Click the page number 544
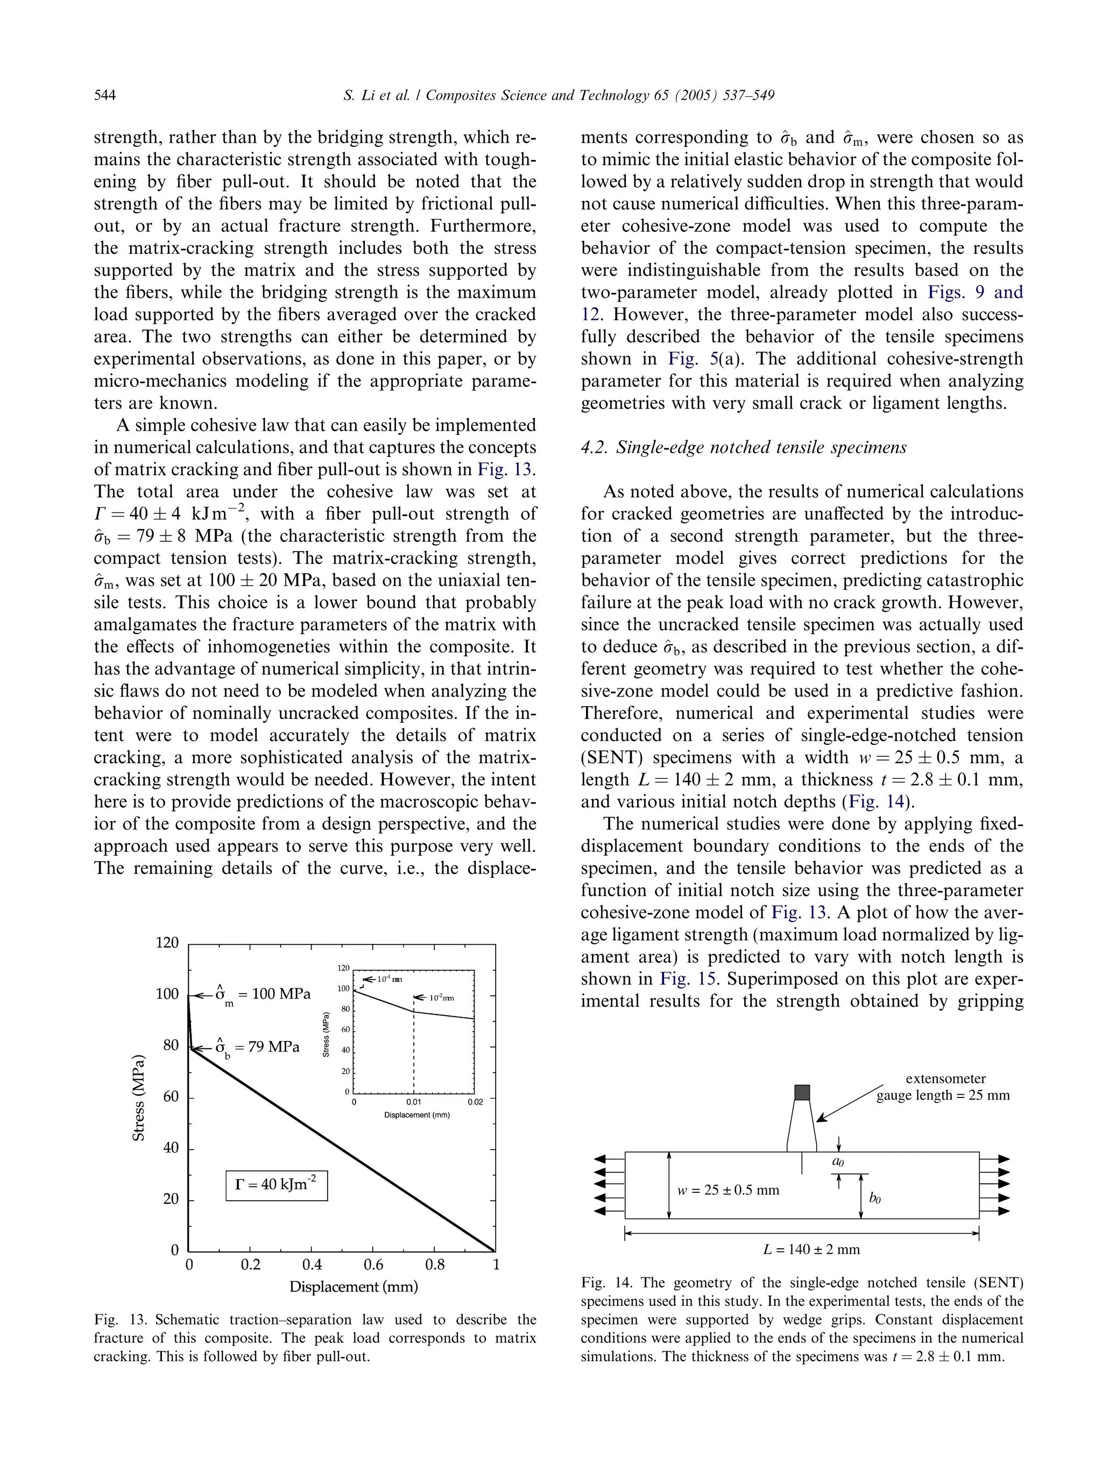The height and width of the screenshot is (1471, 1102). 105,95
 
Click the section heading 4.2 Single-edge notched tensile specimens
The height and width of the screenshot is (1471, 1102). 743,448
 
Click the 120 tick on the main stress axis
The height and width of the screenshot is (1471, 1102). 167,943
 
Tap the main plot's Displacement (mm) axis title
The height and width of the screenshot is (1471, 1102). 353,1287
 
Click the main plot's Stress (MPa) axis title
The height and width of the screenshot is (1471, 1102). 138,1097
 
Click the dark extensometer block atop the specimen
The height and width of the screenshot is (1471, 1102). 802,1093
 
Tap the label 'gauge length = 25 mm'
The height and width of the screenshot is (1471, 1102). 943,1095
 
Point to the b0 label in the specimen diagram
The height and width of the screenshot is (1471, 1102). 875,1198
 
